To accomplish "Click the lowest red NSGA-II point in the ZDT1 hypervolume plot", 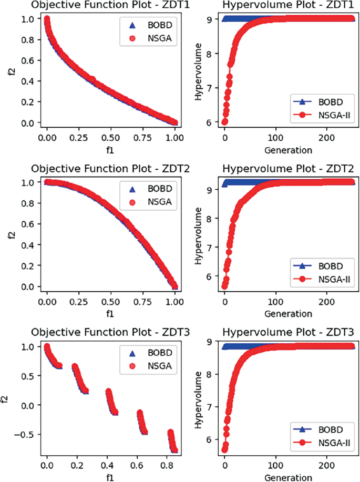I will (224, 121).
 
